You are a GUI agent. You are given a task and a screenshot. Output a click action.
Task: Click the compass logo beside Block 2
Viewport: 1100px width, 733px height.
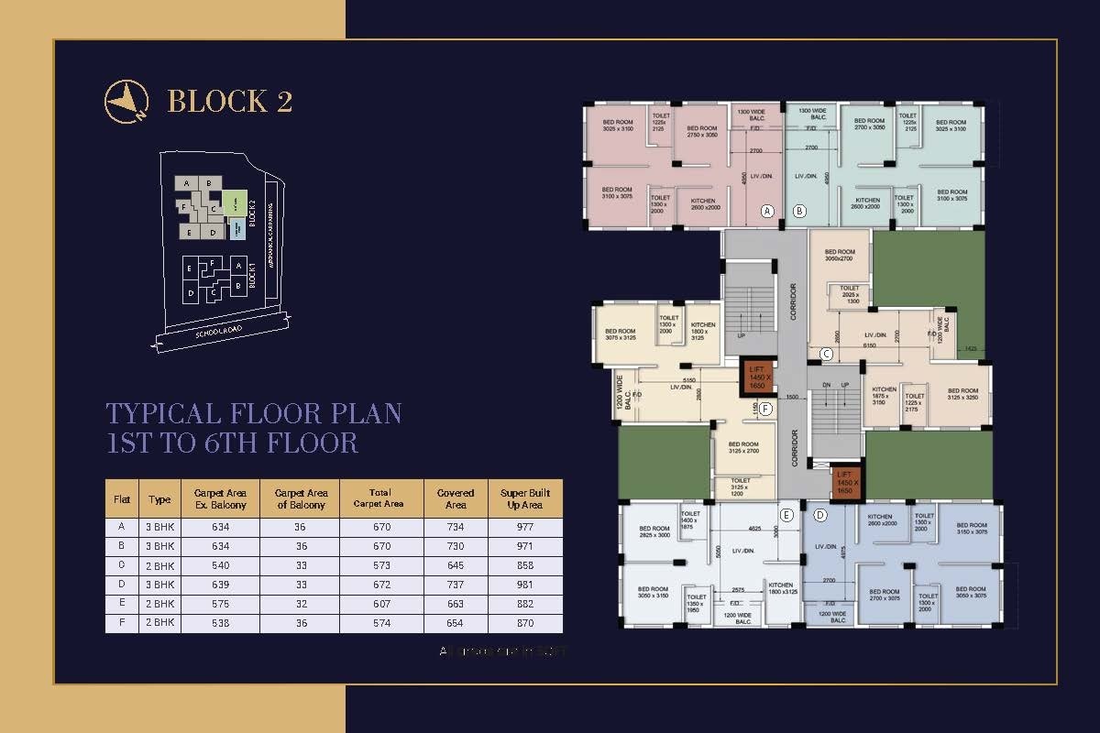click(126, 100)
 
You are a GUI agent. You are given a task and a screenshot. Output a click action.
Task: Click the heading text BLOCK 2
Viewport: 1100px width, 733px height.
click(230, 101)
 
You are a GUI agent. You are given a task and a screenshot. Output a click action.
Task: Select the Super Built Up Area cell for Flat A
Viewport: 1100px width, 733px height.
click(525, 527)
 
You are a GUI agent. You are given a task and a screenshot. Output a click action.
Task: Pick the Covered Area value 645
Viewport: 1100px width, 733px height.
click(455, 565)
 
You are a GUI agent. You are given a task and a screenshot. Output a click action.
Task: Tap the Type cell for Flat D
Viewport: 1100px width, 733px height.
click(159, 585)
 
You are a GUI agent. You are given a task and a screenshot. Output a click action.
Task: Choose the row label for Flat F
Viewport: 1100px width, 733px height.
click(121, 623)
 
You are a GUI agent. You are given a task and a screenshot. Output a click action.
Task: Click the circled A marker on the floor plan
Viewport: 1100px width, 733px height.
click(768, 211)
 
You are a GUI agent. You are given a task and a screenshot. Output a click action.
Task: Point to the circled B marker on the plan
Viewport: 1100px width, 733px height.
click(799, 211)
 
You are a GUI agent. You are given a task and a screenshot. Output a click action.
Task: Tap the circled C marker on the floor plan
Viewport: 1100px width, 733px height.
click(825, 354)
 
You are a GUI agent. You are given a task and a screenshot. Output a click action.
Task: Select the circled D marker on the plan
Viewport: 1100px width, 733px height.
click(819, 515)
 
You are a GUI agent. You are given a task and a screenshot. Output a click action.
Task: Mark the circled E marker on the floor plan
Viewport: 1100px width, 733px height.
click(786, 515)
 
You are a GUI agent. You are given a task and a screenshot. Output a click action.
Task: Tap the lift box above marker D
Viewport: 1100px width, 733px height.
click(846, 483)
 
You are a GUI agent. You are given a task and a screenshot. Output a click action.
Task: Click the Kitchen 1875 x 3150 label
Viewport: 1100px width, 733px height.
click(884, 395)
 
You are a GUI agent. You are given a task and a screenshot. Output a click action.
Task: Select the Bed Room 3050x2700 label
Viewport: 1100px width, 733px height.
click(840, 256)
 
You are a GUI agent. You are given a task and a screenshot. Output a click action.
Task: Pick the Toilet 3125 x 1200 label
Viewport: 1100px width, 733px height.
click(741, 486)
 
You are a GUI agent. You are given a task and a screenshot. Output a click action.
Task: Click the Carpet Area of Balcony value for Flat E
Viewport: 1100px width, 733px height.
click(300, 604)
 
